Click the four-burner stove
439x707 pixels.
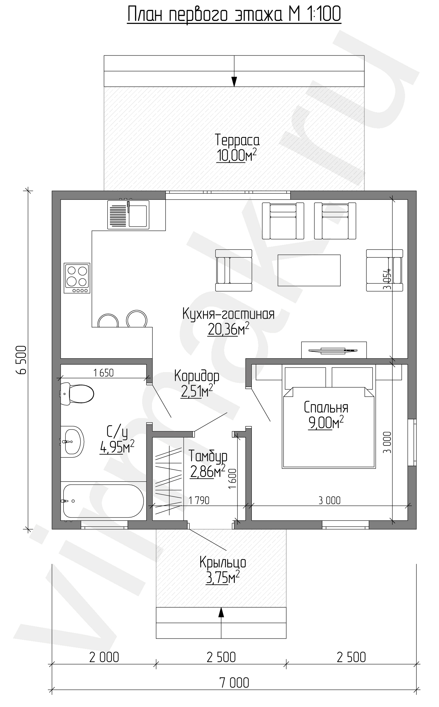point(77,278)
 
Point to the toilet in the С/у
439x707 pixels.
point(77,394)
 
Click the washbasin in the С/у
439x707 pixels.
point(72,442)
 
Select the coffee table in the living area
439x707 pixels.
point(309,270)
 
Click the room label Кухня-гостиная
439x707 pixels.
point(228,314)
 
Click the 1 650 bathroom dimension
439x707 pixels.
point(103,373)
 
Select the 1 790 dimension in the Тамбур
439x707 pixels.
point(199,500)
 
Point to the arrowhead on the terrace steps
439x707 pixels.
point(234,82)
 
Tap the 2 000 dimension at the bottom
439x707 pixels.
point(104,657)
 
